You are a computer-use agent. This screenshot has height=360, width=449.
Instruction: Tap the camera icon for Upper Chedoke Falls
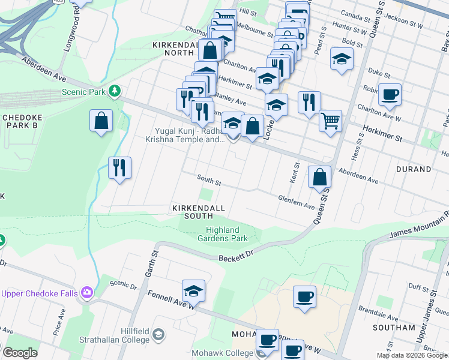tap(88, 293)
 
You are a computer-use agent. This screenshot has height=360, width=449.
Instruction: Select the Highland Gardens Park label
tap(227, 234)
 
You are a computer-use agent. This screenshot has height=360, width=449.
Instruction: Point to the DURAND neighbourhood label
tap(414, 170)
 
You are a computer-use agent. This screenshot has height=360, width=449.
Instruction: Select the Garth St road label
tap(146, 263)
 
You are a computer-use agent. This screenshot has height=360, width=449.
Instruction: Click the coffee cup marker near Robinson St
tap(390, 94)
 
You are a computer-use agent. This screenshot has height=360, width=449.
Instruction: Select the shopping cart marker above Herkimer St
tap(330, 120)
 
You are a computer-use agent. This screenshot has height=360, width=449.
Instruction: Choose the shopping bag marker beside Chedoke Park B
tap(101, 120)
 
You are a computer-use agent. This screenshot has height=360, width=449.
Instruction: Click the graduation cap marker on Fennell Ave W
tap(194, 291)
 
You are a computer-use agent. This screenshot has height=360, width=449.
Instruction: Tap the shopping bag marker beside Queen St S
tap(320, 176)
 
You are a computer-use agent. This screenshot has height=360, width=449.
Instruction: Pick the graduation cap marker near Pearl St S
tap(342, 59)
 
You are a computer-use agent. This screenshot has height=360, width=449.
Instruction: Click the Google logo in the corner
tap(20, 353)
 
